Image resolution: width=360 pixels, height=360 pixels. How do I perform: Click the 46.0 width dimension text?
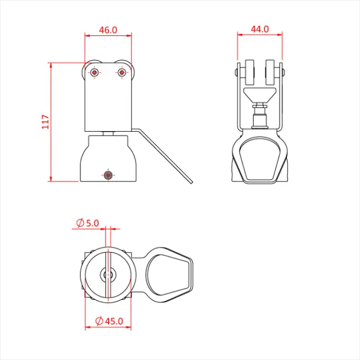(108, 30)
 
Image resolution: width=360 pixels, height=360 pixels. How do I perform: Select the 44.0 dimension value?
(260, 29)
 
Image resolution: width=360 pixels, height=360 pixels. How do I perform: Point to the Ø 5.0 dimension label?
(87, 223)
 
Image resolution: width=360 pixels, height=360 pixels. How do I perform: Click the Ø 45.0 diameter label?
(110, 321)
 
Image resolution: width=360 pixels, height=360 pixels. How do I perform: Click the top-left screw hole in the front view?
(94, 72)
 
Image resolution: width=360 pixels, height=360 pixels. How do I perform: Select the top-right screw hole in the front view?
(121, 72)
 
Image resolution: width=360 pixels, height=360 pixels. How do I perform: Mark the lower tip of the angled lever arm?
(191, 181)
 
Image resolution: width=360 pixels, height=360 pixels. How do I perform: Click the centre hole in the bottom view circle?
(108, 274)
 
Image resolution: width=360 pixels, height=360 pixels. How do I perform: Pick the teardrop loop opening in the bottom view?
(168, 274)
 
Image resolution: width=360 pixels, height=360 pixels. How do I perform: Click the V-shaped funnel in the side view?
(259, 94)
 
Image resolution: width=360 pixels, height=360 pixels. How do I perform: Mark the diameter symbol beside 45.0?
(98, 321)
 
